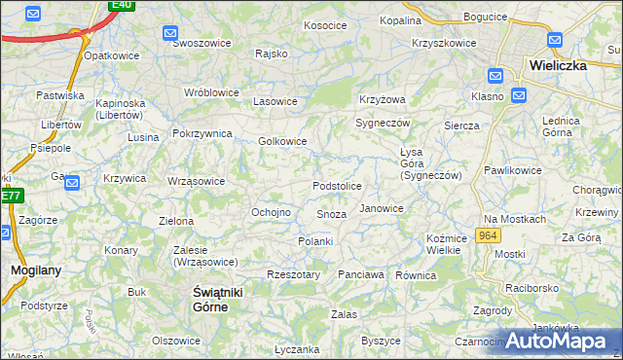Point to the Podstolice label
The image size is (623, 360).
pyautogui.click(x=337, y=186)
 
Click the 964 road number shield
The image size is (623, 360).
pyautogui.click(x=488, y=236)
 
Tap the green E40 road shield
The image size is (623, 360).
pyautogui.click(x=121, y=5)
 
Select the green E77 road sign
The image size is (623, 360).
pyautogui.click(x=10, y=196)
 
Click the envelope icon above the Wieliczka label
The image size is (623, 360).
pyautogui.click(x=555, y=41)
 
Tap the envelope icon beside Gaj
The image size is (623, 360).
pyautogui.click(x=71, y=181)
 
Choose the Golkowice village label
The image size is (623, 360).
pyautogui.click(x=282, y=141)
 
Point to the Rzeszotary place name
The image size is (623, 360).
pyautogui.click(x=293, y=275)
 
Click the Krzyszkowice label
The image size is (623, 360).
pyautogui.click(x=444, y=43)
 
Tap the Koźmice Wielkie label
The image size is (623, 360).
pyautogui.click(x=444, y=244)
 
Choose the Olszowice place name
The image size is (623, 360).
pyautogui.click(x=176, y=341)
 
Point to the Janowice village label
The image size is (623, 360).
pyautogui.click(x=382, y=208)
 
